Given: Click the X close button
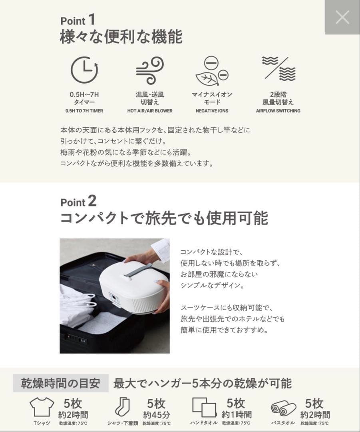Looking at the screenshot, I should [x=342, y=17].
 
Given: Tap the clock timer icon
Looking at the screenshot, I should [x=84, y=70].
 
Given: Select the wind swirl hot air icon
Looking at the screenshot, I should [x=149, y=70].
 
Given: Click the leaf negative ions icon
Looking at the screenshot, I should [x=212, y=71].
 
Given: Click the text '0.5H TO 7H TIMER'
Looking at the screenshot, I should [x=84, y=111].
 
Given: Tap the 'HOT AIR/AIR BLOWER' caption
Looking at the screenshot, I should [x=150, y=111].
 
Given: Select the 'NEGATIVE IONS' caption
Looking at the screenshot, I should [x=212, y=111].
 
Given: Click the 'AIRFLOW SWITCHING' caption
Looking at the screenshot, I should [x=278, y=111].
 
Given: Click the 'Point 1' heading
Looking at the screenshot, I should [x=78, y=20].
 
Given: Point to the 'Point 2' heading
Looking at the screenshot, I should [x=78, y=201].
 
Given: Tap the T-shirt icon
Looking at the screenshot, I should [x=42, y=407].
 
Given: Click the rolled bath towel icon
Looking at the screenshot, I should [x=283, y=408].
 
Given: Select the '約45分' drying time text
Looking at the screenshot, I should [x=157, y=415].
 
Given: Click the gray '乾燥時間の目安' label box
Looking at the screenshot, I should [x=60, y=383].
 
